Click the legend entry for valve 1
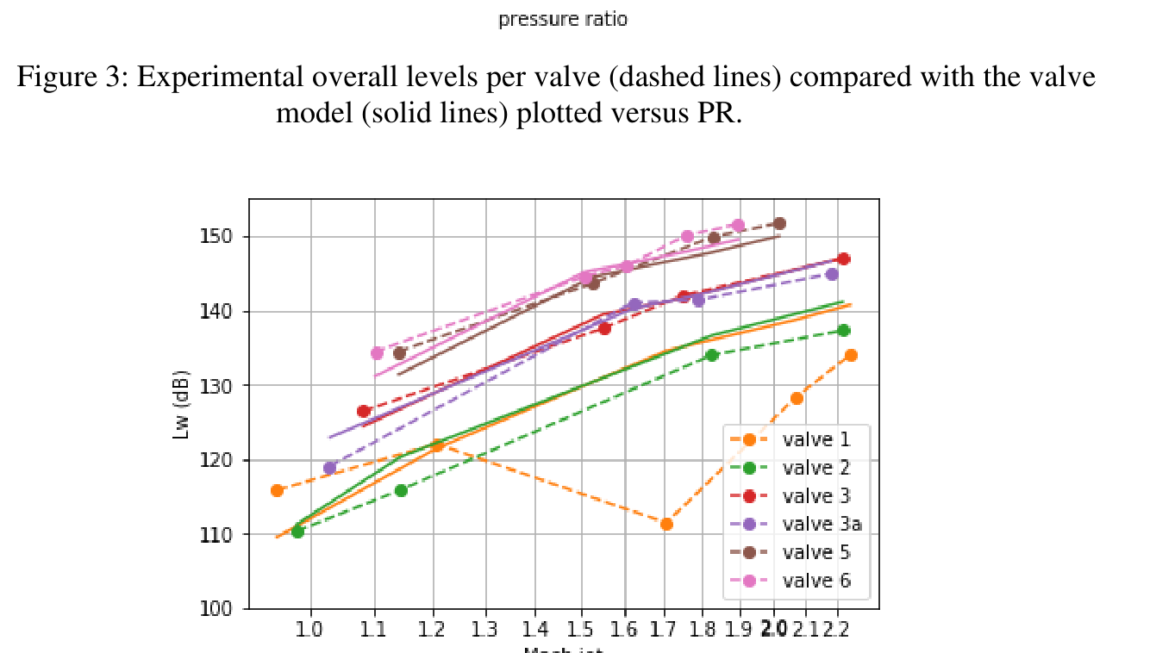(x=815, y=439)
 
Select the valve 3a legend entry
(x=821, y=524)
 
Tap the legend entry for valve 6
(x=815, y=581)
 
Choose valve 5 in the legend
(x=815, y=552)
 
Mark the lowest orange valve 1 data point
(x=666, y=524)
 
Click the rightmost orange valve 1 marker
(x=851, y=355)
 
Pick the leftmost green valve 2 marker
(x=297, y=532)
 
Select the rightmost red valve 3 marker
(x=843, y=259)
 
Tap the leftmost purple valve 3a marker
(x=329, y=468)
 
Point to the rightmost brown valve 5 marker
(x=779, y=224)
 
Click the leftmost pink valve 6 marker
(x=377, y=353)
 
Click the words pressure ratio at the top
(x=562, y=19)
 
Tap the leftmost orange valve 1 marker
(x=277, y=490)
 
